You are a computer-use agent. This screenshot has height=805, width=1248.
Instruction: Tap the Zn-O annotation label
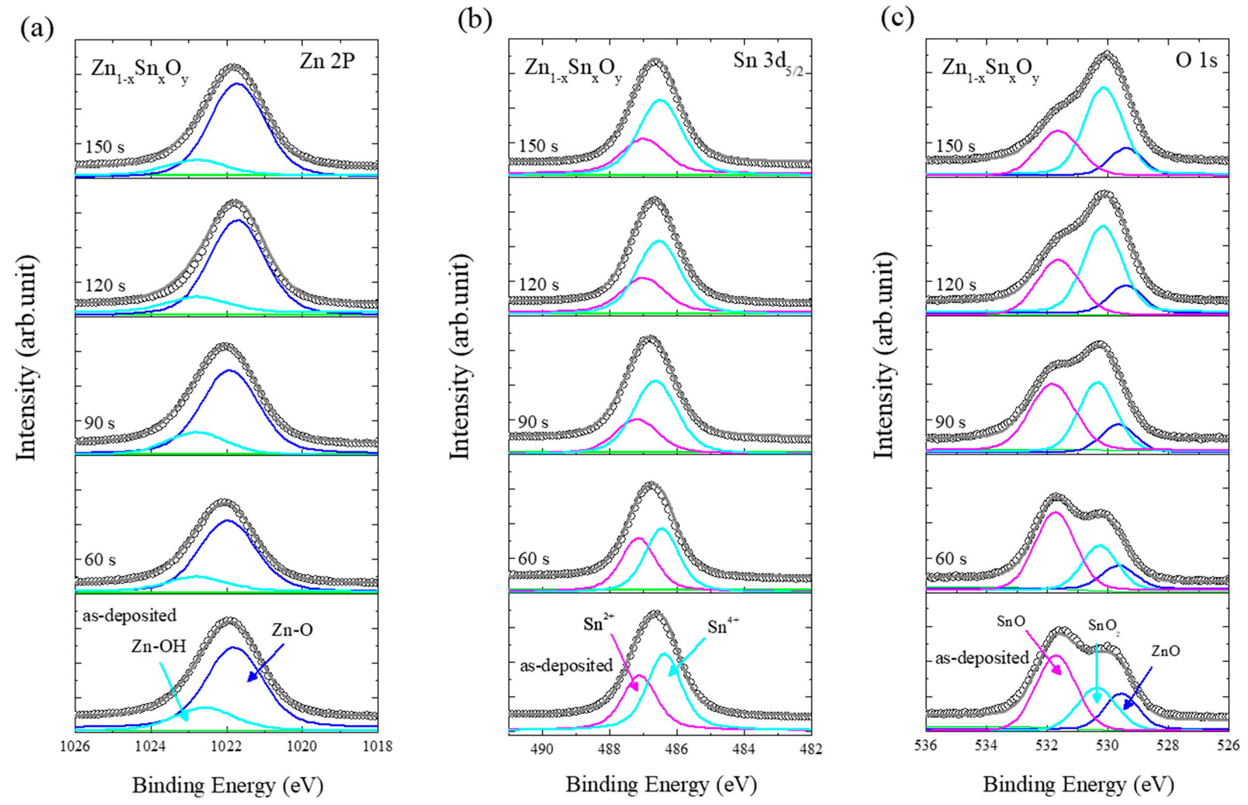click(292, 630)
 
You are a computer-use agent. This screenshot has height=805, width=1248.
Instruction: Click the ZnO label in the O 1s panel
click(1165, 651)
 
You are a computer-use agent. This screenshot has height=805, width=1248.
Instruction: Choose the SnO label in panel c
click(1011, 622)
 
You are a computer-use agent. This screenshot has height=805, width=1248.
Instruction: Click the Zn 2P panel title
click(327, 62)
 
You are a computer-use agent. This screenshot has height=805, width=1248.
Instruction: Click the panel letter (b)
click(474, 20)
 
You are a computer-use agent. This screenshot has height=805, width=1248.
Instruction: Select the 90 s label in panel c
click(950, 422)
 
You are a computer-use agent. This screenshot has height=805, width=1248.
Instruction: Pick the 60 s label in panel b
click(533, 559)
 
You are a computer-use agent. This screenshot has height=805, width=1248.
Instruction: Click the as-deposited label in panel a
click(129, 615)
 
